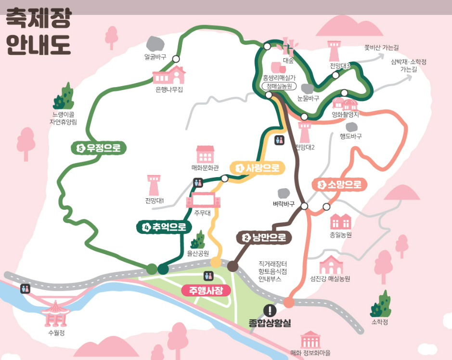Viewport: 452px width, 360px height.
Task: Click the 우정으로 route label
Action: tap(99, 148)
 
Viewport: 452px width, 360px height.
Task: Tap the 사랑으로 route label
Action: tap(258, 168)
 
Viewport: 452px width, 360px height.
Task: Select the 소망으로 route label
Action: tap(340, 184)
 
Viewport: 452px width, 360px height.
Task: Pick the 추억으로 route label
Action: tap(164, 227)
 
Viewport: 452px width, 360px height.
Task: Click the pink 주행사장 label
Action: tap(206, 291)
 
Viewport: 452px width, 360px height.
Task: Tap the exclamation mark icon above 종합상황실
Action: tap(270, 311)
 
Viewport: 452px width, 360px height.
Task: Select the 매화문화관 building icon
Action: tap(205, 154)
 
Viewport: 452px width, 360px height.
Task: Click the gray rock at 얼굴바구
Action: tap(155, 44)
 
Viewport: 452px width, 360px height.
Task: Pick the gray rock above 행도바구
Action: tap(352, 127)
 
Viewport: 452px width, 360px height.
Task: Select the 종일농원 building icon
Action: tap(341, 221)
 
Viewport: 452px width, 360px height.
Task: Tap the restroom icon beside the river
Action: tap(26, 289)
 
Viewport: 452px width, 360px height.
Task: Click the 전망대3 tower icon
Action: tap(335, 51)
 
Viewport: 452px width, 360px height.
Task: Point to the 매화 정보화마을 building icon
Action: tap(310, 340)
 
